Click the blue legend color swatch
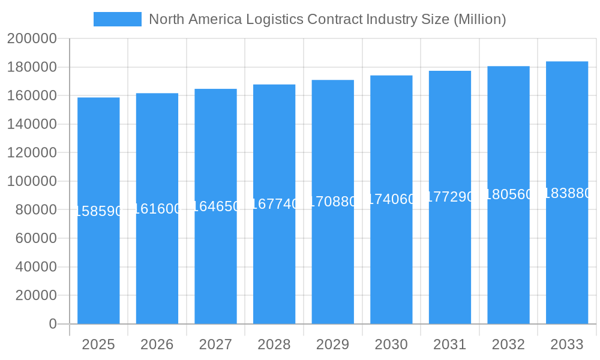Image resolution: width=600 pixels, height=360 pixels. click(x=118, y=19)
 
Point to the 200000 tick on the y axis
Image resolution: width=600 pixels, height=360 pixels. click(x=32, y=39)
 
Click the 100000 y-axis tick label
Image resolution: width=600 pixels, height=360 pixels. click(x=32, y=181)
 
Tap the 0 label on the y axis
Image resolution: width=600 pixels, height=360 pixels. click(x=53, y=324)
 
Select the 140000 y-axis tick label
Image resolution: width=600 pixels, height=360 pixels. click(x=32, y=124)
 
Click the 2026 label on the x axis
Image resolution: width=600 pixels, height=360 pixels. click(x=157, y=344)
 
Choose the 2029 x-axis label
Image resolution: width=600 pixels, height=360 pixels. click(x=332, y=344)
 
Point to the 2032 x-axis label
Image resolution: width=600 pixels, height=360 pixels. click(x=508, y=344)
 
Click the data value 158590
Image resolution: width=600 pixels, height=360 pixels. click(x=98, y=211)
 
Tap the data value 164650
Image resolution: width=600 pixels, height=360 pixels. click(x=215, y=206)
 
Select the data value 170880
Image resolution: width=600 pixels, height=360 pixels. click(x=332, y=202)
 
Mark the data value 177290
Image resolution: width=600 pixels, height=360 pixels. click(x=450, y=197)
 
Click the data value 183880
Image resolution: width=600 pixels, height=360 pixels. click(x=567, y=193)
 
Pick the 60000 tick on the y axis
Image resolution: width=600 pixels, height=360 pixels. click(x=32, y=238)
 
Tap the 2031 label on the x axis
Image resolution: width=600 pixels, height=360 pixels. click(x=450, y=344)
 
